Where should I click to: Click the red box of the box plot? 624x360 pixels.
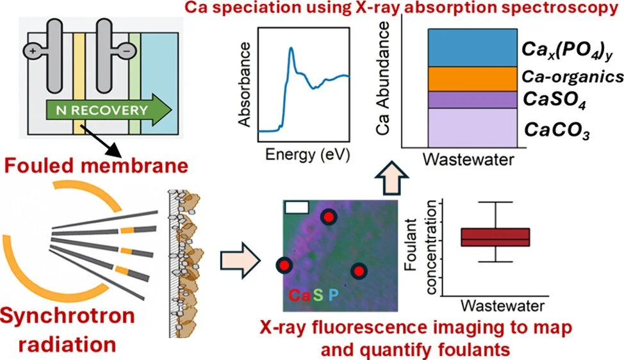[495, 237]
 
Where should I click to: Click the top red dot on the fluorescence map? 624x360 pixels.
[329, 218]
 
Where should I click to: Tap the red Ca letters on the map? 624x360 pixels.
[300, 296]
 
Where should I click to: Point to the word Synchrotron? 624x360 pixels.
[67, 317]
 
